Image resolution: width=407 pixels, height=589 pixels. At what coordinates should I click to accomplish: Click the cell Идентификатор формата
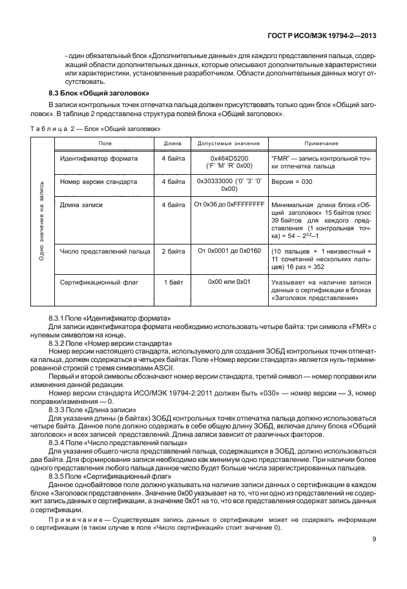(x=98, y=158)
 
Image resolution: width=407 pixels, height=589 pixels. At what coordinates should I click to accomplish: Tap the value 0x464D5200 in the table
(x=229, y=158)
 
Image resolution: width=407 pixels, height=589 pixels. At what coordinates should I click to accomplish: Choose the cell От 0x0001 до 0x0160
(x=229, y=250)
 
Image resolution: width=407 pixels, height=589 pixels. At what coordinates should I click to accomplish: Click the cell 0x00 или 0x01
(x=229, y=282)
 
